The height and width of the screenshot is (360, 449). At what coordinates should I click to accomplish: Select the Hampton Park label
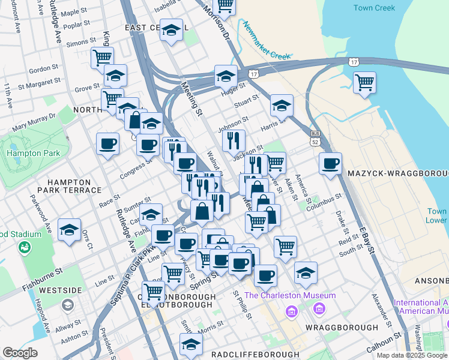coord(34,153)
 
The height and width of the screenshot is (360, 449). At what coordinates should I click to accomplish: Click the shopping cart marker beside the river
coord(364,83)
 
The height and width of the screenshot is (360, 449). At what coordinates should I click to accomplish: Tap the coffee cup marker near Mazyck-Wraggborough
coord(330,163)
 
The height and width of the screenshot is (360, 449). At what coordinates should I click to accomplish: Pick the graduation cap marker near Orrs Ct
coord(70,230)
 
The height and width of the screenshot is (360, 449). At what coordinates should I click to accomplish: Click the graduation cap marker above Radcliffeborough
coord(191,344)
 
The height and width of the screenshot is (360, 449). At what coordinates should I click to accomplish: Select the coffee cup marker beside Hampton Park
coord(108,144)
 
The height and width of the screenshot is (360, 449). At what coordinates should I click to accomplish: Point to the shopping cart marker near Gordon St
coord(103,58)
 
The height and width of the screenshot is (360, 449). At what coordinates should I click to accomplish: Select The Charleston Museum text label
coord(289,295)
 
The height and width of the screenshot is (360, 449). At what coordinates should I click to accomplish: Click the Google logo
coord(20,353)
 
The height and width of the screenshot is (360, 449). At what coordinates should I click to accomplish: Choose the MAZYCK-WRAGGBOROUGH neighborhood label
coord(397,173)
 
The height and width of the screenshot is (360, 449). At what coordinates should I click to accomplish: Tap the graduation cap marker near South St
coord(306,272)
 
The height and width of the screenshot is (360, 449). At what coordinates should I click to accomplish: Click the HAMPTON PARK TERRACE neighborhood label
coord(66,185)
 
